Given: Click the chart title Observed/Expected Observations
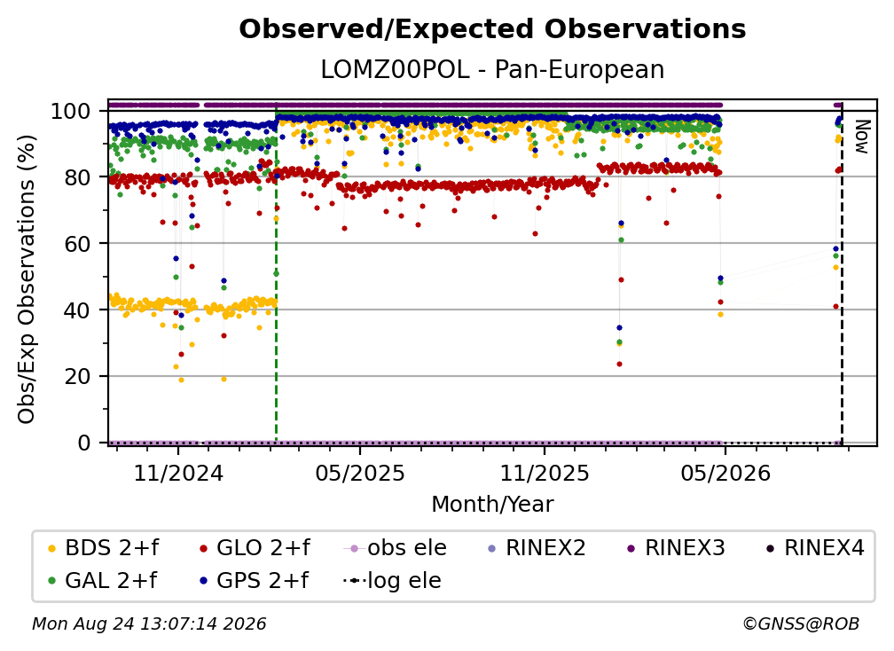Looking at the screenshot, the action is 492,29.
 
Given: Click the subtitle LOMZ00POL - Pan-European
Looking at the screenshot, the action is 492,69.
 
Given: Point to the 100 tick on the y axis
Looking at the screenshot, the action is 71,111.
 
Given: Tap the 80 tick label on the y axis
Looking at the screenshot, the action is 77,177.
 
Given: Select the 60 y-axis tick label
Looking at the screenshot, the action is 77,243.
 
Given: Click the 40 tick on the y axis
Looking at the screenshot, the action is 77,310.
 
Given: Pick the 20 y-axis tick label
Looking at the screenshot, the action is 77,376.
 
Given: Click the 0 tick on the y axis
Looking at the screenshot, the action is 84,443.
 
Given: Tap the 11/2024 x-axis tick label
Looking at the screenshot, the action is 178,473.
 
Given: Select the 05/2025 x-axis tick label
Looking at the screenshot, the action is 360,473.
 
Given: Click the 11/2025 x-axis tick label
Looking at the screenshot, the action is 545,473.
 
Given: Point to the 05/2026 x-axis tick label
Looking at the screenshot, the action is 725,473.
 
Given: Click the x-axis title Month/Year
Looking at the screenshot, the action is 492,505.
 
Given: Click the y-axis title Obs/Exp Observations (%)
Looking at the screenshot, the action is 27,278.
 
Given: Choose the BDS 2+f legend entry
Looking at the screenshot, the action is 103,548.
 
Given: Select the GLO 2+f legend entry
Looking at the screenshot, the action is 255,548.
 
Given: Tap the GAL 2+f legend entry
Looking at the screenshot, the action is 103,580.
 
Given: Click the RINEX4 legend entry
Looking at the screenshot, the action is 815,548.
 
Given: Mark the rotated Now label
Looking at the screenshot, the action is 861,137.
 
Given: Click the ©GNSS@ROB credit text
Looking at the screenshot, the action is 801,624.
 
